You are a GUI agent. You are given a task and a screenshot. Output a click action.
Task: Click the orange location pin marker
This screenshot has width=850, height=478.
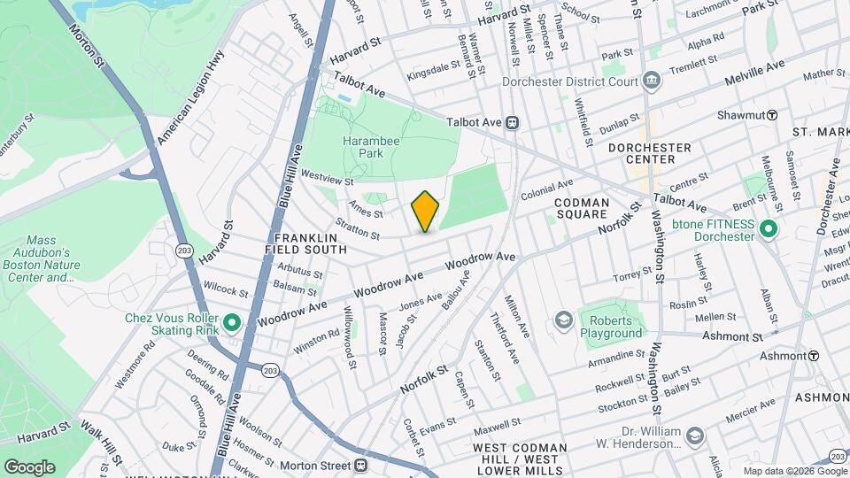[426, 212]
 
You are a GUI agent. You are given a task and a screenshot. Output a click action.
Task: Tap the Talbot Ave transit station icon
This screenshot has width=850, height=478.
[513, 124]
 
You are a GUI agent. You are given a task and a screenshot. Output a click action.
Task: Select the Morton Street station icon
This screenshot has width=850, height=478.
[360, 465]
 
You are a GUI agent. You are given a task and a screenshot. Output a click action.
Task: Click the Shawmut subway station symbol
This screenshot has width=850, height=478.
[772, 114]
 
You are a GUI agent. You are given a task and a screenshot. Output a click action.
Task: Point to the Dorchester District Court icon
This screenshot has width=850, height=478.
[652, 81]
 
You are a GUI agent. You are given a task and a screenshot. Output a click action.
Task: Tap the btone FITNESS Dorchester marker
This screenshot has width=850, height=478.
[768, 230]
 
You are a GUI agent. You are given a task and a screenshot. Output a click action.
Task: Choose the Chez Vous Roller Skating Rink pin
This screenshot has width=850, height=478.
[232, 322]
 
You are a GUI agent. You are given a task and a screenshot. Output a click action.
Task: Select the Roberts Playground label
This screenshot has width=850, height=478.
[610, 327]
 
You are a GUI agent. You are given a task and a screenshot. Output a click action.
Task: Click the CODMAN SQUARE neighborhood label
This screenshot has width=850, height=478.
[582, 209]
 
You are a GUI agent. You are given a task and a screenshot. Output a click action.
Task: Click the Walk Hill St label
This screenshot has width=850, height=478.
[102, 438]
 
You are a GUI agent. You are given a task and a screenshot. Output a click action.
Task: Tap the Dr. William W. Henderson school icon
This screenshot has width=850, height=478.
[695, 436]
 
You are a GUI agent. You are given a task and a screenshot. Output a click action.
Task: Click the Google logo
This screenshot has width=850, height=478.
[29, 466]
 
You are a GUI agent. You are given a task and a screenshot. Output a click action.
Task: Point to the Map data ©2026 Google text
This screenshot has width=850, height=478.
[794, 471]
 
